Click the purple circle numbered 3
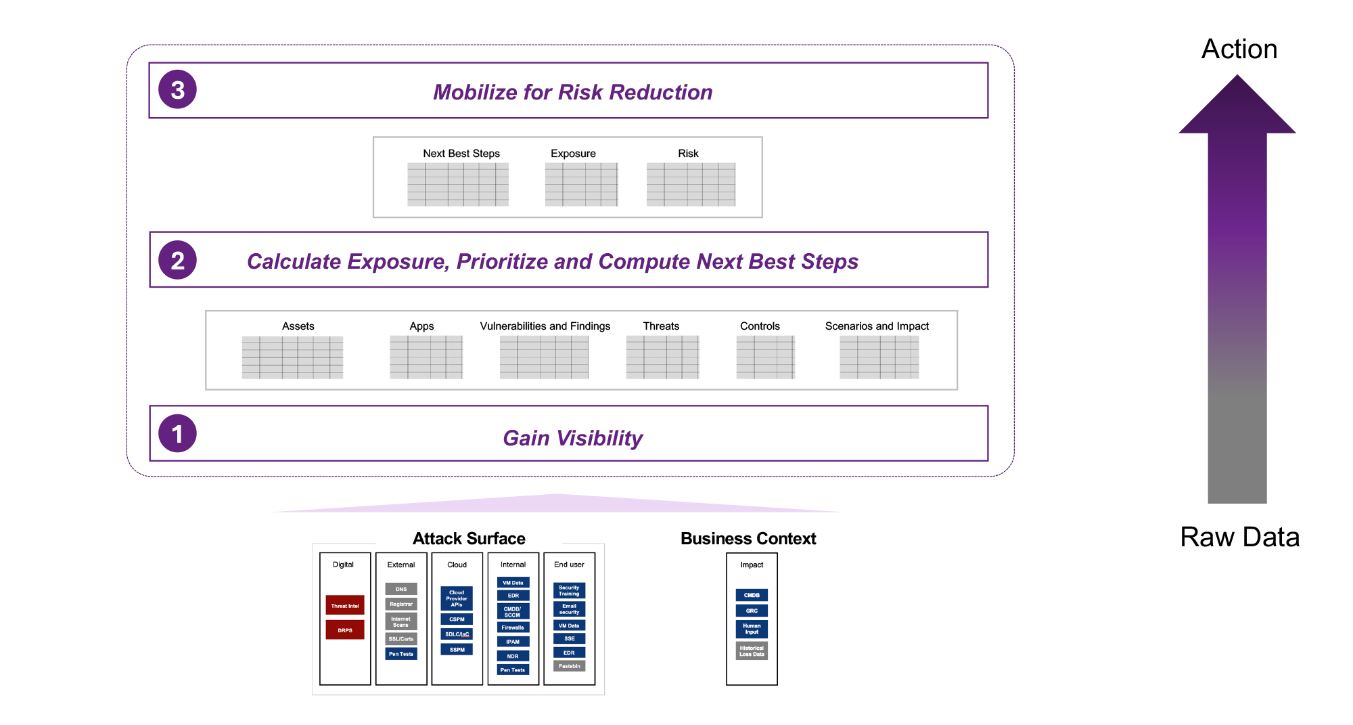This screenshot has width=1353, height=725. click(177, 89)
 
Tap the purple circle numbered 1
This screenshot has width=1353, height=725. click(177, 433)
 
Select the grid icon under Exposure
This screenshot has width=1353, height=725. click(581, 184)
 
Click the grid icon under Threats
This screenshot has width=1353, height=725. click(662, 357)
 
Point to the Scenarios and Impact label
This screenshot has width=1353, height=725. click(877, 326)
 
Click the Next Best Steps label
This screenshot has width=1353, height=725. click(461, 154)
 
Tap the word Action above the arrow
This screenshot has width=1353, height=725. click(1239, 49)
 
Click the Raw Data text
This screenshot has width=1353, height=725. click(1239, 537)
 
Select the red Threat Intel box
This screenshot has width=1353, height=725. click(345, 605)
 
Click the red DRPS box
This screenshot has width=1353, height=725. click(345, 630)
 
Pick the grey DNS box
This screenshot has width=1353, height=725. click(401, 589)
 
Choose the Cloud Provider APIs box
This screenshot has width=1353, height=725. click(457, 598)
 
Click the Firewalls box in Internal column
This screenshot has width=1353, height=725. click(513, 628)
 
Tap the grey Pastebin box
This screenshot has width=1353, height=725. click(569, 666)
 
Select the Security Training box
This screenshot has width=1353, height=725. click(569, 590)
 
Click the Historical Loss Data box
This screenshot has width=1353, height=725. click(752, 651)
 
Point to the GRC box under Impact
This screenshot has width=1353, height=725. click(752, 611)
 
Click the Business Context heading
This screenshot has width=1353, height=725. click(748, 539)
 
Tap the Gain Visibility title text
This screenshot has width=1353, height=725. click(572, 438)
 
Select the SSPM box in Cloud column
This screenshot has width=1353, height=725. click(457, 649)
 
